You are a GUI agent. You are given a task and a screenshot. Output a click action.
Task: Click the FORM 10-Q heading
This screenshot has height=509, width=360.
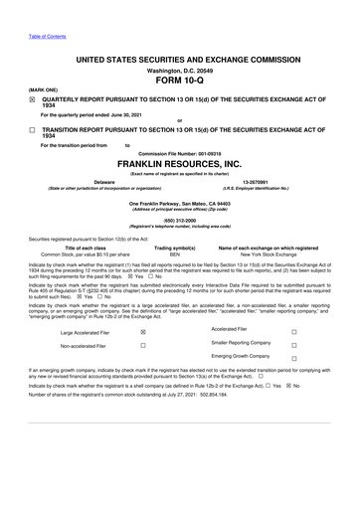[x=179, y=82]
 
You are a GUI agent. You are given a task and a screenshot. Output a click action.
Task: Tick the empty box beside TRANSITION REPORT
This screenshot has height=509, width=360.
[x=32, y=130]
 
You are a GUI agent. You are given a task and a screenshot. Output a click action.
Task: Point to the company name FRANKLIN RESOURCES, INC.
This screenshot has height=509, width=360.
[x=179, y=163]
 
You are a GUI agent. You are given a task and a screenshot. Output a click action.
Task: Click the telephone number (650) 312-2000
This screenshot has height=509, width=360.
[x=179, y=220]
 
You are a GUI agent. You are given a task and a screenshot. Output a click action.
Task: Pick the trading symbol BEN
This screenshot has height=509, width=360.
[x=175, y=254]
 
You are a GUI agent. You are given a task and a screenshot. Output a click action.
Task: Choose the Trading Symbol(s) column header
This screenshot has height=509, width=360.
[x=175, y=248]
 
